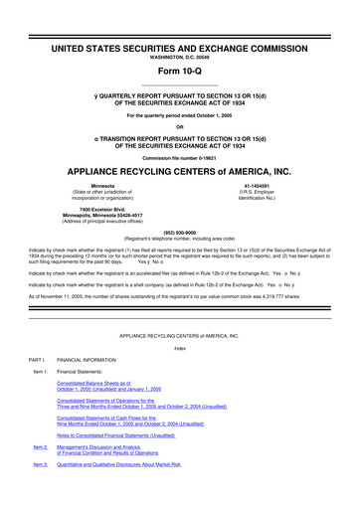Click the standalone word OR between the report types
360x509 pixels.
pyautogui.click(x=179, y=125)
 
